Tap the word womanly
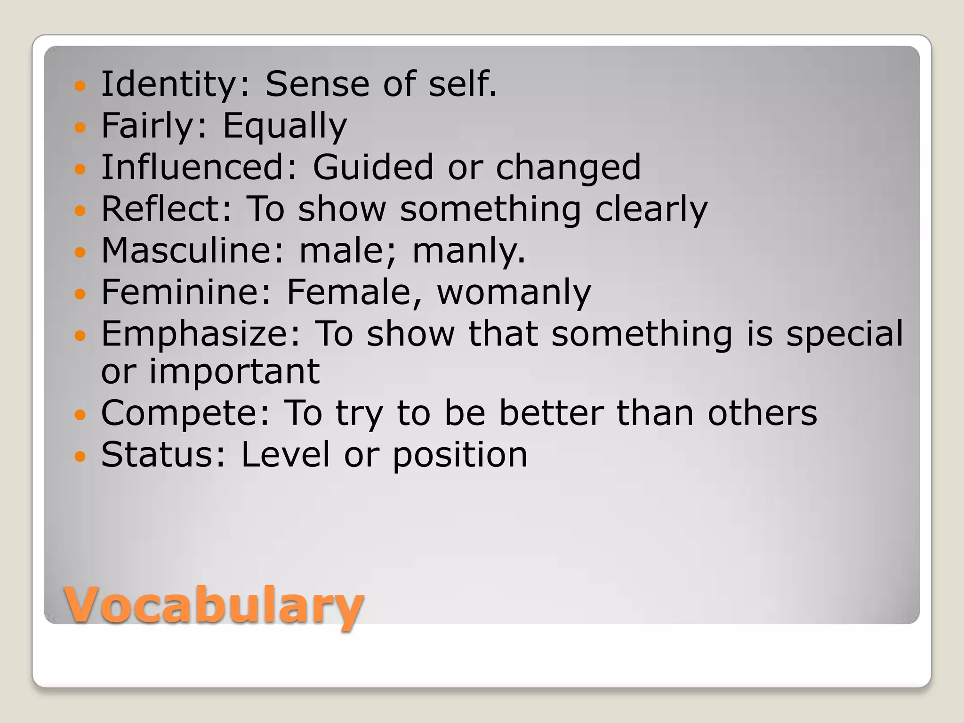click(514, 293)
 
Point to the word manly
click(468, 251)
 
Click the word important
click(234, 371)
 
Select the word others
click(763, 413)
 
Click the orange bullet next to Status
click(80, 456)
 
